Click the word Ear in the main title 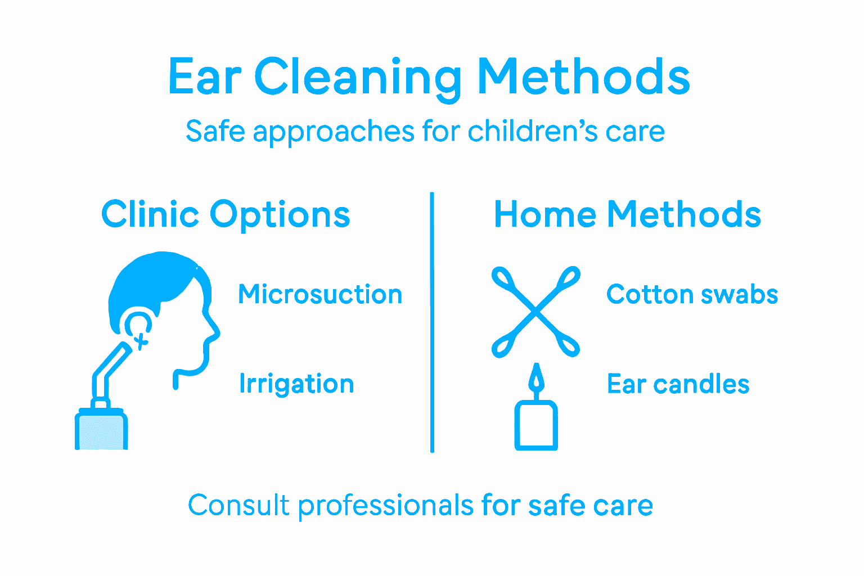pyautogui.click(x=205, y=77)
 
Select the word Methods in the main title pyautogui.click(x=583, y=77)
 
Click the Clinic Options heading pyautogui.click(x=226, y=214)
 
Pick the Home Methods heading pyautogui.click(x=627, y=214)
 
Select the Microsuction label pyautogui.click(x=320, y=294)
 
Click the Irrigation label pyautogui.click(x=296, y=384)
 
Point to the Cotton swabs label pyautogui.click(x=692, y=294)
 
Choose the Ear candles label pyautogui.click(x=678, y=384)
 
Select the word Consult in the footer pyautogui.click(x=238, y=505)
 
